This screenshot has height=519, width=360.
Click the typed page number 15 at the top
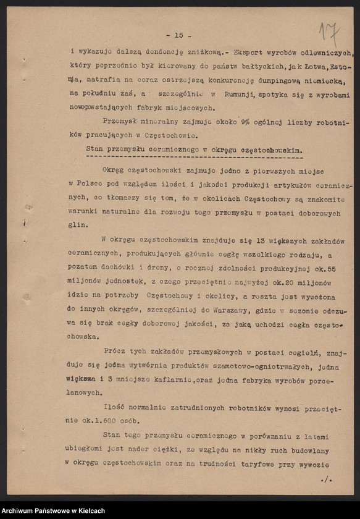pyautogui.click(x=178, y=35)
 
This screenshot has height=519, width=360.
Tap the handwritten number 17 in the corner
pyautogui.click(x=330, y=31)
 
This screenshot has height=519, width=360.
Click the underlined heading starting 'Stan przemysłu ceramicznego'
pyautogui.click(x=193, y=150)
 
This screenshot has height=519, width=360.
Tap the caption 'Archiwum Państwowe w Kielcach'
pyautogui.click(x=52, y=510)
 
